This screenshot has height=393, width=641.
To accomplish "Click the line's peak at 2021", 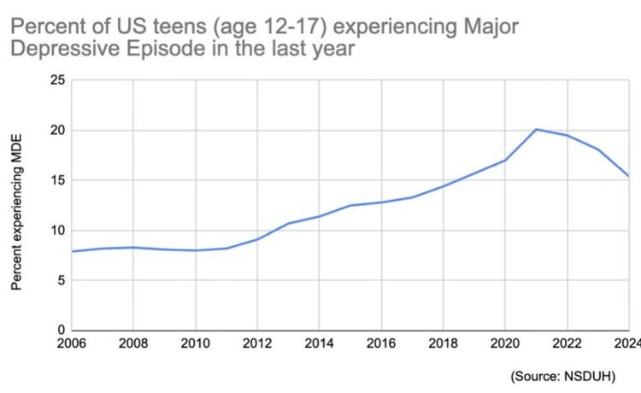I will point(536,129).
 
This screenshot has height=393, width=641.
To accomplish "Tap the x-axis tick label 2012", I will point(257,344).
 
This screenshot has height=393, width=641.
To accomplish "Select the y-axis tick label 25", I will point(58,80).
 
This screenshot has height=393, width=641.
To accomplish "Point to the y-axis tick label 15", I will point(58,180).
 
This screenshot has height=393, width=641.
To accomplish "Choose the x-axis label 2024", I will point(626,344).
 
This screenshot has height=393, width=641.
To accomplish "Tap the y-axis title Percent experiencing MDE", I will point(16,210).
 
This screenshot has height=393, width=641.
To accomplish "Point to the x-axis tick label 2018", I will point(443,344).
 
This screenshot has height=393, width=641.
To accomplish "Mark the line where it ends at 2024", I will point(628,176).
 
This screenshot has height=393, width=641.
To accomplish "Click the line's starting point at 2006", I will point(73,251).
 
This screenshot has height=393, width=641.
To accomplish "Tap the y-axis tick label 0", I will point(62,330).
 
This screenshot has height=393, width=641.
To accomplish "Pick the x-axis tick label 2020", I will point(504,344).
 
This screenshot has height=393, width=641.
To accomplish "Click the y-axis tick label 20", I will point(58,131).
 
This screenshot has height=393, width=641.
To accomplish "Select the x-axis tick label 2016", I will point(381,344).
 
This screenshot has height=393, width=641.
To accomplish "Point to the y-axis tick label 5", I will point(62,280).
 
